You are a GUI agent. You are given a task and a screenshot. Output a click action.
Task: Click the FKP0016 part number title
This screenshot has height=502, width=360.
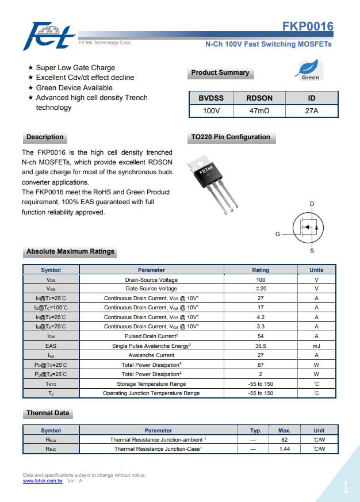[x=308, y=27]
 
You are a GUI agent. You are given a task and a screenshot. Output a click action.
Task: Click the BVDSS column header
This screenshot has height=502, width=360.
[x=211, y=98]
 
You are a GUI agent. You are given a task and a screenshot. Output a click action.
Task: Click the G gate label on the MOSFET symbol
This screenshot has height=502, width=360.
[x=277, y=234]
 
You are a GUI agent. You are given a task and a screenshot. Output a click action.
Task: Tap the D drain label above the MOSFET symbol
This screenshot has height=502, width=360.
[x=312, y=204]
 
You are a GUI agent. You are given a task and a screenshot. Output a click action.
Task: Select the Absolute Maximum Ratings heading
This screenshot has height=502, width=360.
[x=70, y=251]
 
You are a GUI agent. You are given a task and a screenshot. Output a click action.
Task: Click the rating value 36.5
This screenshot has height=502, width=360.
[x=260, y=346]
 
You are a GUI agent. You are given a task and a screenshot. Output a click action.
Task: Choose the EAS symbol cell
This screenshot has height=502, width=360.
[x=51, y=346]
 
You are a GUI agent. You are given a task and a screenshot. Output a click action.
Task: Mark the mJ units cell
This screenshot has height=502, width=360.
[x=316, y=346]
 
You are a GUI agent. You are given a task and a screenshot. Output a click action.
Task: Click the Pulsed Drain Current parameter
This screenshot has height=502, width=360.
[x=151, y=336]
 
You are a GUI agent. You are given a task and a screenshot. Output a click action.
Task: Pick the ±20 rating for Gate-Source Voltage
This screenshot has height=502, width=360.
[x=260, y=289]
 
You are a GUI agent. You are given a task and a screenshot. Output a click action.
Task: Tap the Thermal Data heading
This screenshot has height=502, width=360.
[x=48, y=413]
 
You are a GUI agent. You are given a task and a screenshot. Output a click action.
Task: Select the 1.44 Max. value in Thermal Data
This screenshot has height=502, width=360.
[x=284, y=449]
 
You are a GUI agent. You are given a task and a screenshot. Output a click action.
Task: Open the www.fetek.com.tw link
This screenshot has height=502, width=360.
[x=43, y=481]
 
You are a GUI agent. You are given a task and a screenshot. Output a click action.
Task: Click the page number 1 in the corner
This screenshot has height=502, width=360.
[x=344, y=488]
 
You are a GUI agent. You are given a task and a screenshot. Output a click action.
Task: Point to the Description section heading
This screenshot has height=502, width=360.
[x=45, y=137]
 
